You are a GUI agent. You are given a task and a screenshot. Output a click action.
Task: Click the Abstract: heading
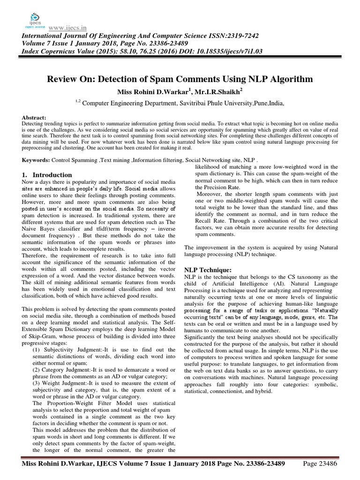click(34, 118)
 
